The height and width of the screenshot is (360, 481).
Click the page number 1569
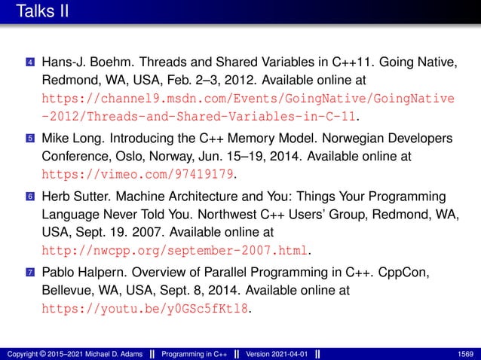[x=464, y=353]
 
